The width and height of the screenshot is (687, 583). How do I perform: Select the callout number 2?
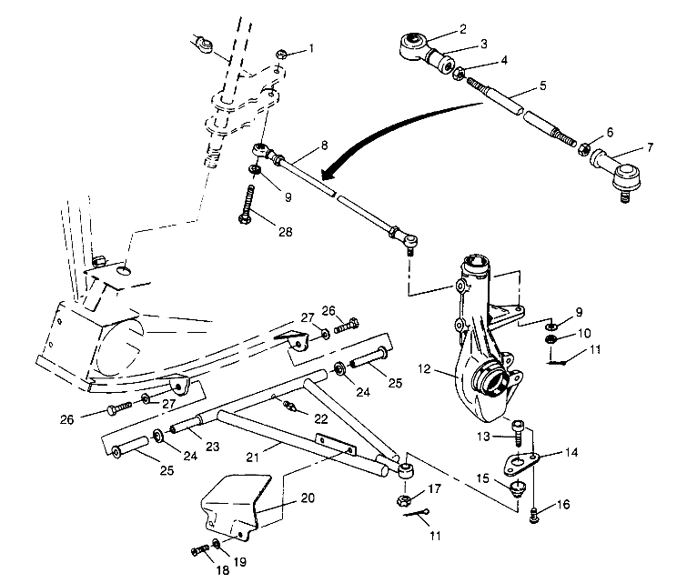point(462,28)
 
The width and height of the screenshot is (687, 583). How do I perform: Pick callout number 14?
point(571,452)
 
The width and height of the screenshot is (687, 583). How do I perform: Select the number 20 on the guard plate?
point(308,498)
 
